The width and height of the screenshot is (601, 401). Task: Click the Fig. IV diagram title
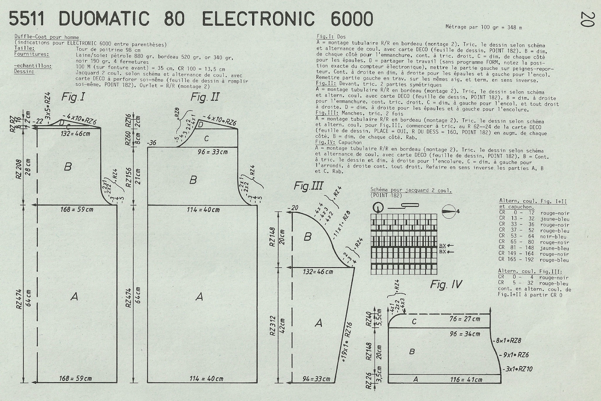pos(446,284)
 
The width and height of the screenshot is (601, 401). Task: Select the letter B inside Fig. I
pos(68,167)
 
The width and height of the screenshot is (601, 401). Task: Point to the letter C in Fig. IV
pos(414,322)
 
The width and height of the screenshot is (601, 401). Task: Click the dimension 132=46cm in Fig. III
pos(318,272)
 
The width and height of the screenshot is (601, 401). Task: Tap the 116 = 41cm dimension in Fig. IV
pos(466,380)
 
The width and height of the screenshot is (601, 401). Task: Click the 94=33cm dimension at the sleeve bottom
pos(316,379)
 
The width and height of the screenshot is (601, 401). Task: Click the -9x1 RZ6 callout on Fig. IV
pos(516,355)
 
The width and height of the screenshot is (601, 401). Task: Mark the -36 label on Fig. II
pos(152,143)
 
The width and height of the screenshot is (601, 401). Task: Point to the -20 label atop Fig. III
pos(293,208)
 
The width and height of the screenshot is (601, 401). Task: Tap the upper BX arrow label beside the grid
pos(446,245)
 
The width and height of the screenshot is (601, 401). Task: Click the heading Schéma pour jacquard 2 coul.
pos(411,190)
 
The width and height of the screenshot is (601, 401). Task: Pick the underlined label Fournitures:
pos(32,54)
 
